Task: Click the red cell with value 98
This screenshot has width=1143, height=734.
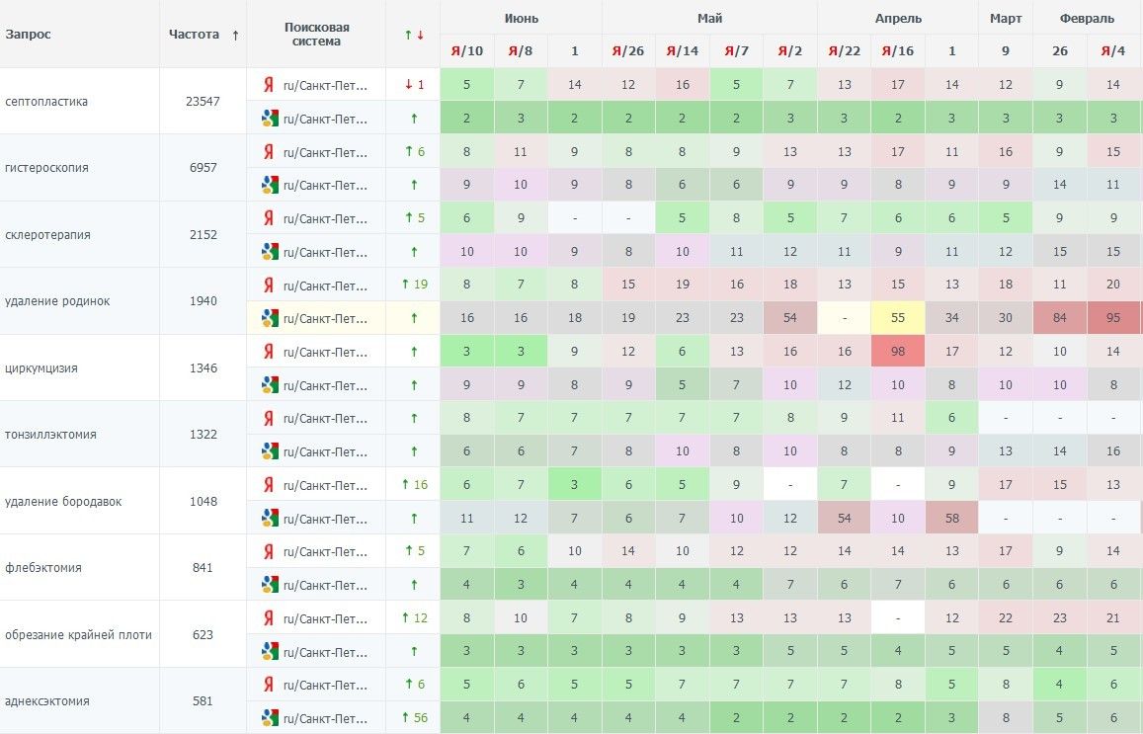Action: click(898, 352)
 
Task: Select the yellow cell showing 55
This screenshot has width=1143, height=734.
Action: click(898, 318)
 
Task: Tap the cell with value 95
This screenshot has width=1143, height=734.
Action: click(1113, 318)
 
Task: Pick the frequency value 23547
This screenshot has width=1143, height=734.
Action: click(203, 101)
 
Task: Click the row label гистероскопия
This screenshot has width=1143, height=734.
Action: click(46, 168)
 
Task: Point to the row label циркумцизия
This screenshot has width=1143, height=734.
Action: click(41, 368)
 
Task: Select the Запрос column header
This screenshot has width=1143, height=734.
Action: click(28, 35)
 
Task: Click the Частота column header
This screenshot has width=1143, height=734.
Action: click(194, 35)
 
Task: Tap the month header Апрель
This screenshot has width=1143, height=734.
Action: click(898, 18)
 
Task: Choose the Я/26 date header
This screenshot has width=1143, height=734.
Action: click(628, 51)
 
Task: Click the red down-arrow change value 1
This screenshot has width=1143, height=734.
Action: click(414, 85)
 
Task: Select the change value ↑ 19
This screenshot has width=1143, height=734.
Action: click(414, 285)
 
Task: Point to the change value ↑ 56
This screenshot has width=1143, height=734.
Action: click(414, 718)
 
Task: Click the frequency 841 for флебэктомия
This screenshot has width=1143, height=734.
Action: click(203, 568)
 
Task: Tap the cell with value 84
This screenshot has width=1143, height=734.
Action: click(1060, 318)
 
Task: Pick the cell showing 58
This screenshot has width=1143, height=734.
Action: click(951, 519)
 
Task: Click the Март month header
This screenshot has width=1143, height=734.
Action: click(1006, 18)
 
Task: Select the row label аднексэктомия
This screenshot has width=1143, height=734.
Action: click(47, 701)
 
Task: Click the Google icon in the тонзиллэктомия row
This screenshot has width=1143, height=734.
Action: click(269, 451)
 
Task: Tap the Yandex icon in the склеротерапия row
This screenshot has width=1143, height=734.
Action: click(268, 218)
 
